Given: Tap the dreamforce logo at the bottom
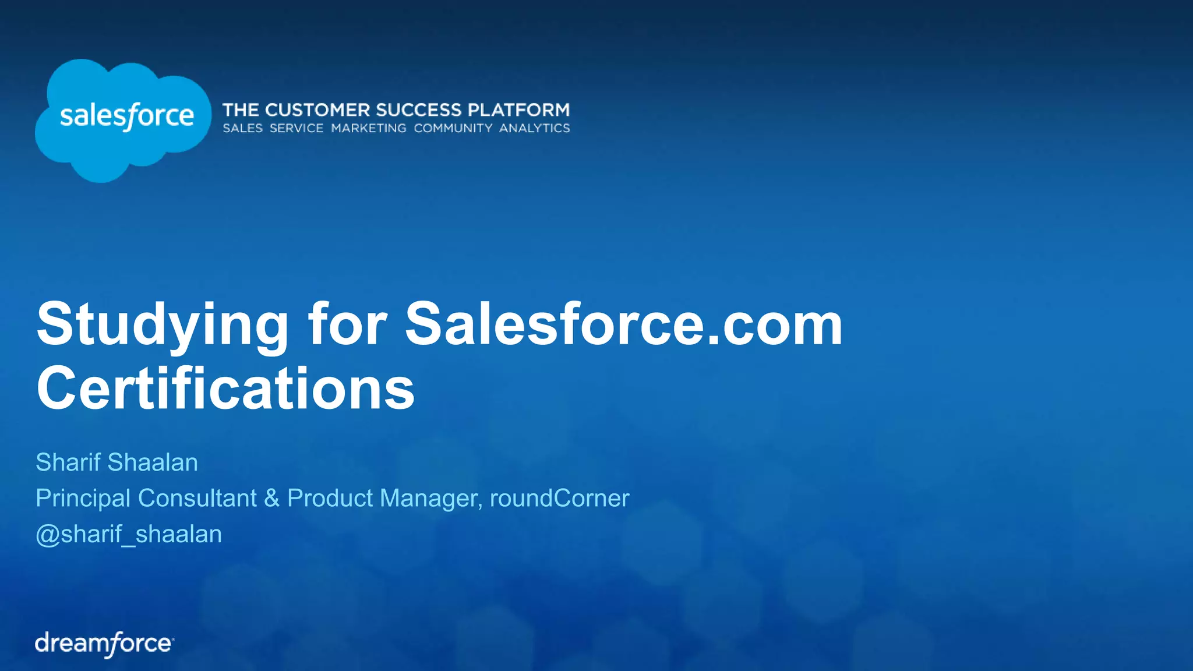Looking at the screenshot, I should (104, 644).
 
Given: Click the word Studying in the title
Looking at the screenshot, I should (163, 324).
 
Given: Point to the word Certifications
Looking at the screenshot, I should (225, 389).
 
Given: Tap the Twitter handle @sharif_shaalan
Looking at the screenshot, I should (129, 534).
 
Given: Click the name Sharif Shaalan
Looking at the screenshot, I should (117, 462).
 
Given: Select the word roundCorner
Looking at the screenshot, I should (559, 498).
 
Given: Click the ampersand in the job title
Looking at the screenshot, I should (271, 498).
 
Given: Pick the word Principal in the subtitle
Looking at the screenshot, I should (83, 498).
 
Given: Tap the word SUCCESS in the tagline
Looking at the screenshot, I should (419, 110).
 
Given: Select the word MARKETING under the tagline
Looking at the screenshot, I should (369, 128).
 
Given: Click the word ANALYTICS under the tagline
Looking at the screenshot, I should (534, 128).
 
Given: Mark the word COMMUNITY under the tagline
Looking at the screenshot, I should (453, 128).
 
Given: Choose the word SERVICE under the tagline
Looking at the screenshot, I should (296, 128).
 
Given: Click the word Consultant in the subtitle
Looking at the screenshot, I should (197, 498).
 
